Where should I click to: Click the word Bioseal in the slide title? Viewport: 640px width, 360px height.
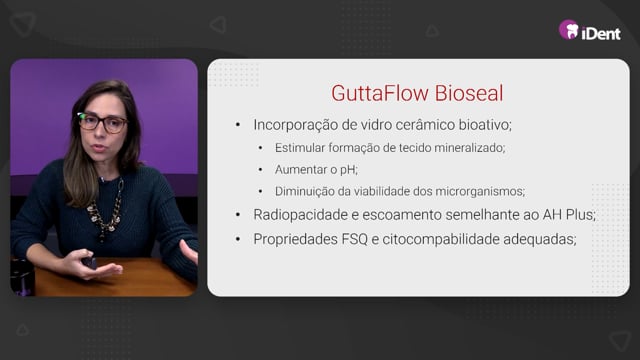coord(469,93)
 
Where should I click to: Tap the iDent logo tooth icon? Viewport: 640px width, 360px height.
coord(569,30)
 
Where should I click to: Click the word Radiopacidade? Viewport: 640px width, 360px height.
coord(300,215)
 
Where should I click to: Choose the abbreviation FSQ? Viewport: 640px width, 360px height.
coord(354,239)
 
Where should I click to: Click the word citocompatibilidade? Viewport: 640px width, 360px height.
coord(440,239)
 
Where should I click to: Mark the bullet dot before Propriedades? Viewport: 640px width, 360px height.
coord(238,240)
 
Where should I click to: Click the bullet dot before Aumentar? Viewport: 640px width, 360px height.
coord(261,169)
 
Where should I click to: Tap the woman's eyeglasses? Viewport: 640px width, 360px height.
coord(102,122)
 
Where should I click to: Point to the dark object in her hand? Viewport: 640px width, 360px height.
coord(89,263)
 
